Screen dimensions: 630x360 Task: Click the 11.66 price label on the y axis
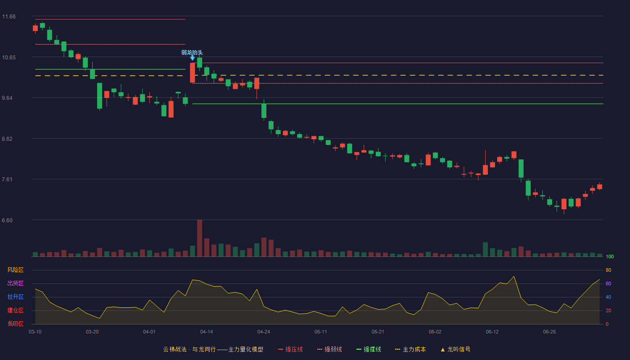[9, 17]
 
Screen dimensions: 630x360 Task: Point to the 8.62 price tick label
[7, 139]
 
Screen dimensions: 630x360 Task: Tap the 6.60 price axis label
[7, 220]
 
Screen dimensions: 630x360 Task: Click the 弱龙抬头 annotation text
[192, 53]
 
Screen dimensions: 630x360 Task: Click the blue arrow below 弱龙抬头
[193, 58]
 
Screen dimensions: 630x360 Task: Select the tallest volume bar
[199, 238]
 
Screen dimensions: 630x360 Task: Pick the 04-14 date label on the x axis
[207, 332]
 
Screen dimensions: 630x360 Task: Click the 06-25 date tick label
[549, 332]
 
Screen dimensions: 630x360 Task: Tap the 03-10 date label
[35, 332]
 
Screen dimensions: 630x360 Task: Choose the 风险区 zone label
[15, 270]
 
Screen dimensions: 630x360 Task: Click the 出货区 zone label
[15, 283]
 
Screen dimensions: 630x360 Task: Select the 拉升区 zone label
[15, 297]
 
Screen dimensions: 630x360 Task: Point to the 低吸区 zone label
[15, 324]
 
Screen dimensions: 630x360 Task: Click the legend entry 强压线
[290, 349]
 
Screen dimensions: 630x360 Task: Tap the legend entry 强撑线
[369, 349]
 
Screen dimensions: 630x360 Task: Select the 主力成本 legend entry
[410, 349]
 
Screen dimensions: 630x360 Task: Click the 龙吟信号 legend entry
[455, 349]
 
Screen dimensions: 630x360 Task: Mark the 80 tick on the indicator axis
[608, 270]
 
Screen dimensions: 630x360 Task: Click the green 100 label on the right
[610, 256]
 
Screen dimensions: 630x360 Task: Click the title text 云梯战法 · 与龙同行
[189, 349]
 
